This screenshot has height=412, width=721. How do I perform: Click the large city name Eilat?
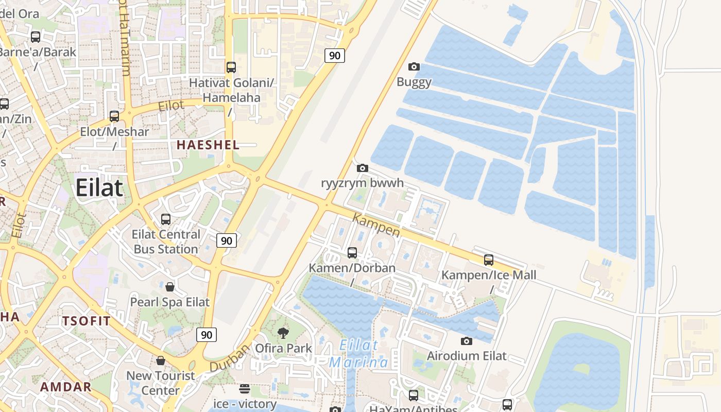tap(99, 188)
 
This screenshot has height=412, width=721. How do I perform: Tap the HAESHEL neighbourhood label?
tap(208, 145)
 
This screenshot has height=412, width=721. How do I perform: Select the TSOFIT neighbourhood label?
tap(87, 321)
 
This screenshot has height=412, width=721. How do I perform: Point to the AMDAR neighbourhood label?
tap(66, 387)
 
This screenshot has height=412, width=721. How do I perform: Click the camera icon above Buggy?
tap(414, 66)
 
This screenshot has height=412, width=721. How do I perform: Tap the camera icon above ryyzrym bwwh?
tap(363, 168)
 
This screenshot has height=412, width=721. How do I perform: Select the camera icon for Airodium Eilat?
tap(466, 341)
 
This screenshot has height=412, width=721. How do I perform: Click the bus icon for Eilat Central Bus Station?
tap(166, 219)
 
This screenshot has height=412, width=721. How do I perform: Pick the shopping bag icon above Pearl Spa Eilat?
tap(170, 286)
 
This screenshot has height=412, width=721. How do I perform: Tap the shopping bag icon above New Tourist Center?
tap(161, 360)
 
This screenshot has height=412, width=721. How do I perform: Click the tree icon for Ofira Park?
tap(283, 333)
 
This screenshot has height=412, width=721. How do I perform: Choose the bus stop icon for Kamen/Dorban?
tap(352, 253)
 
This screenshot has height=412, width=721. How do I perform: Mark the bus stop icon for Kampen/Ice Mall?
tap(489, 260)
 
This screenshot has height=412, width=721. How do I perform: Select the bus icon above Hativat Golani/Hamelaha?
tap(231, 67)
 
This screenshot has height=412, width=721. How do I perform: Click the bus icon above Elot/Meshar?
tap(114, 116)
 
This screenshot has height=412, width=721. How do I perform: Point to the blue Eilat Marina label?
tap(359, 354)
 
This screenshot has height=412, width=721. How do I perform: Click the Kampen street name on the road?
tap(376, 225)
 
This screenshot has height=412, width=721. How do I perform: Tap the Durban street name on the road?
tap(230, 358)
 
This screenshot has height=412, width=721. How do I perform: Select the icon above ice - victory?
tap(245, 388)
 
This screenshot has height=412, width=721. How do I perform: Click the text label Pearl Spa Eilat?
tap(169, 302)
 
